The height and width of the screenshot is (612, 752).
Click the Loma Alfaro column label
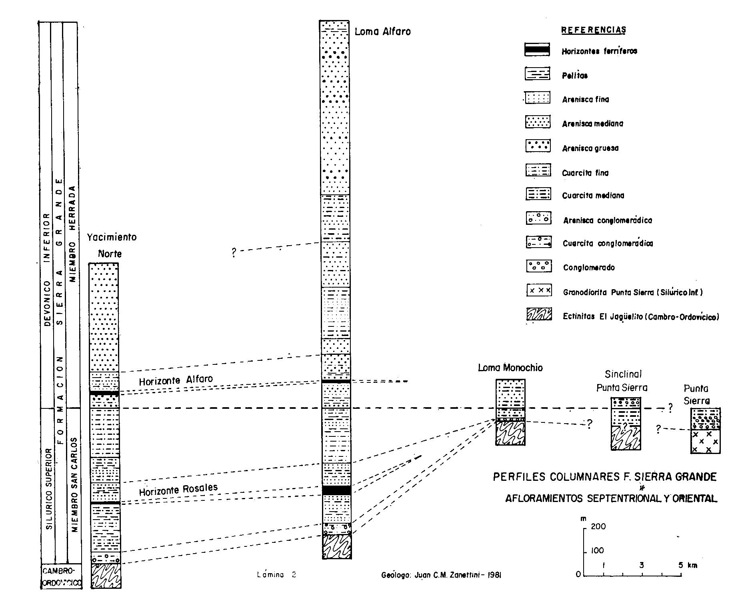pos(382,32)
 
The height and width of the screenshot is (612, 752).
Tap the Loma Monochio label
pos(510,368)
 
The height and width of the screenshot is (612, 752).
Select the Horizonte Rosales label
pos(178,490)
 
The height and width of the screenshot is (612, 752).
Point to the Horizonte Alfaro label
pos(176,380)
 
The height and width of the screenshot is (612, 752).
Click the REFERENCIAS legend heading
pos(594,30)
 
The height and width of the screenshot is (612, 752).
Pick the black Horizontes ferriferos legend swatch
pos(538,50)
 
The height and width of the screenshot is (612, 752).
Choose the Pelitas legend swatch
pos(538,74)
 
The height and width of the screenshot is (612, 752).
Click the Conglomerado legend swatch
pos(538,266)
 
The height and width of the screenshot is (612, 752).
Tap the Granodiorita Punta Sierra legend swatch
pos(538,290)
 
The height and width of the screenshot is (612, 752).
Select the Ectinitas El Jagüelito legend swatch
pos(538,315)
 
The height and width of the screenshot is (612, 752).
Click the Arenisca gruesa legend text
pos(590,148)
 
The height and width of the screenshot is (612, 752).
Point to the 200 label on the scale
pos(598,526)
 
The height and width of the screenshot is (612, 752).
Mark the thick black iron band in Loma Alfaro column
pos(336,490)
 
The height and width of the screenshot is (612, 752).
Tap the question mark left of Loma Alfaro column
pos(234,252)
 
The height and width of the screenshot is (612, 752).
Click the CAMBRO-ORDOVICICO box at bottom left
pos(61,576)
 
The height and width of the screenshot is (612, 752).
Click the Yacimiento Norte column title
pos(111,245)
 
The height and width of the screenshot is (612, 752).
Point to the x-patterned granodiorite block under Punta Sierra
pos(705,441)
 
